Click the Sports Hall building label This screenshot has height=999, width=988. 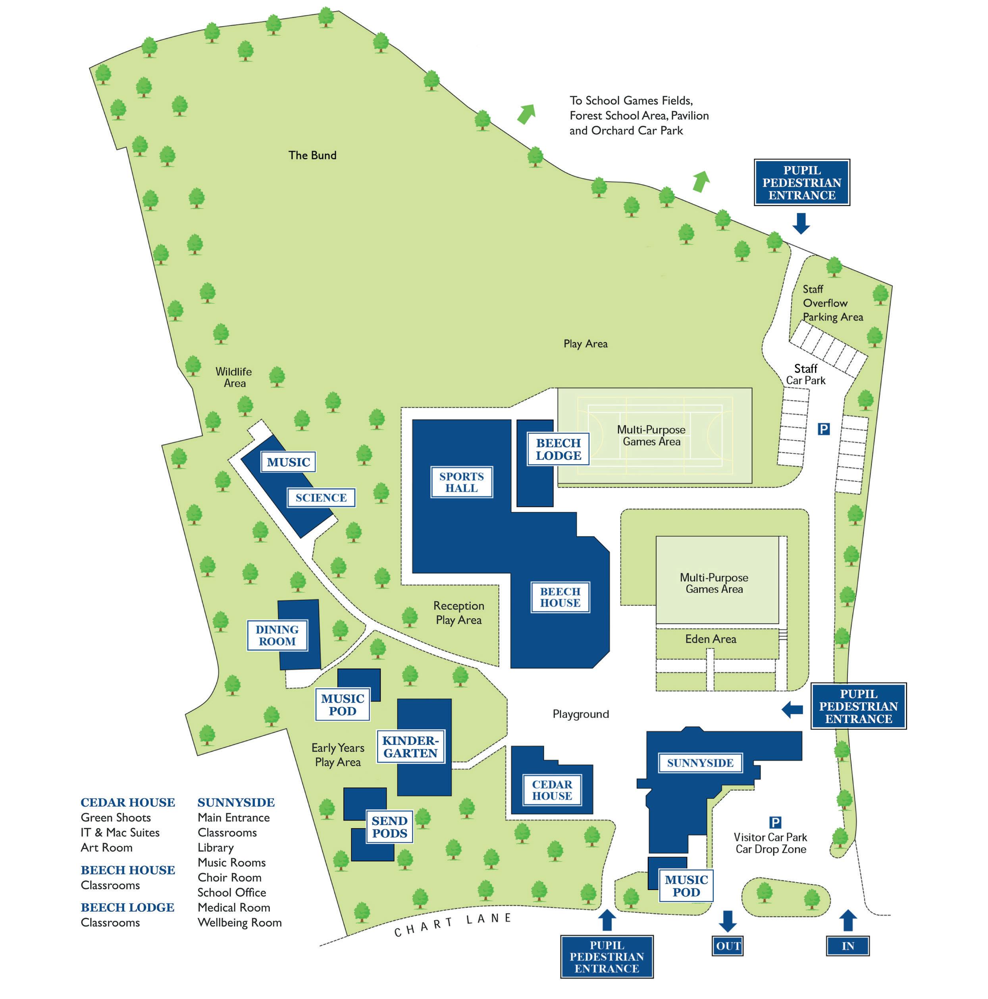point(461,482)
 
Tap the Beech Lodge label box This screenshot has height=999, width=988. point(559,449)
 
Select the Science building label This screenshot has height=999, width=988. point(321,497)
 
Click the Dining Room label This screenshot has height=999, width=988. point(277,635)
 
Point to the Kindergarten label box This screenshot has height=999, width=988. point(410,747)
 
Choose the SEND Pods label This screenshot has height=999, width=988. point(389,826)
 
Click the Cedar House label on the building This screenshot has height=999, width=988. point(552,790)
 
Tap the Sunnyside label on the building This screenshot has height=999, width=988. point(700,763)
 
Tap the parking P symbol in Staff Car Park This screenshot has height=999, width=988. point(823,429)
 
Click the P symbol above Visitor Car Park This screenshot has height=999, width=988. point(775,822)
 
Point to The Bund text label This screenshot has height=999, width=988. point(312,155)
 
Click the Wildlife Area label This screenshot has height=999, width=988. point(234,377)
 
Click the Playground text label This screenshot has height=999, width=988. point(581,714)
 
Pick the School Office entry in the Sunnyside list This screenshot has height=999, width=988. point(231,892)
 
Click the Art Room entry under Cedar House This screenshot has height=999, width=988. point(107,848)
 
